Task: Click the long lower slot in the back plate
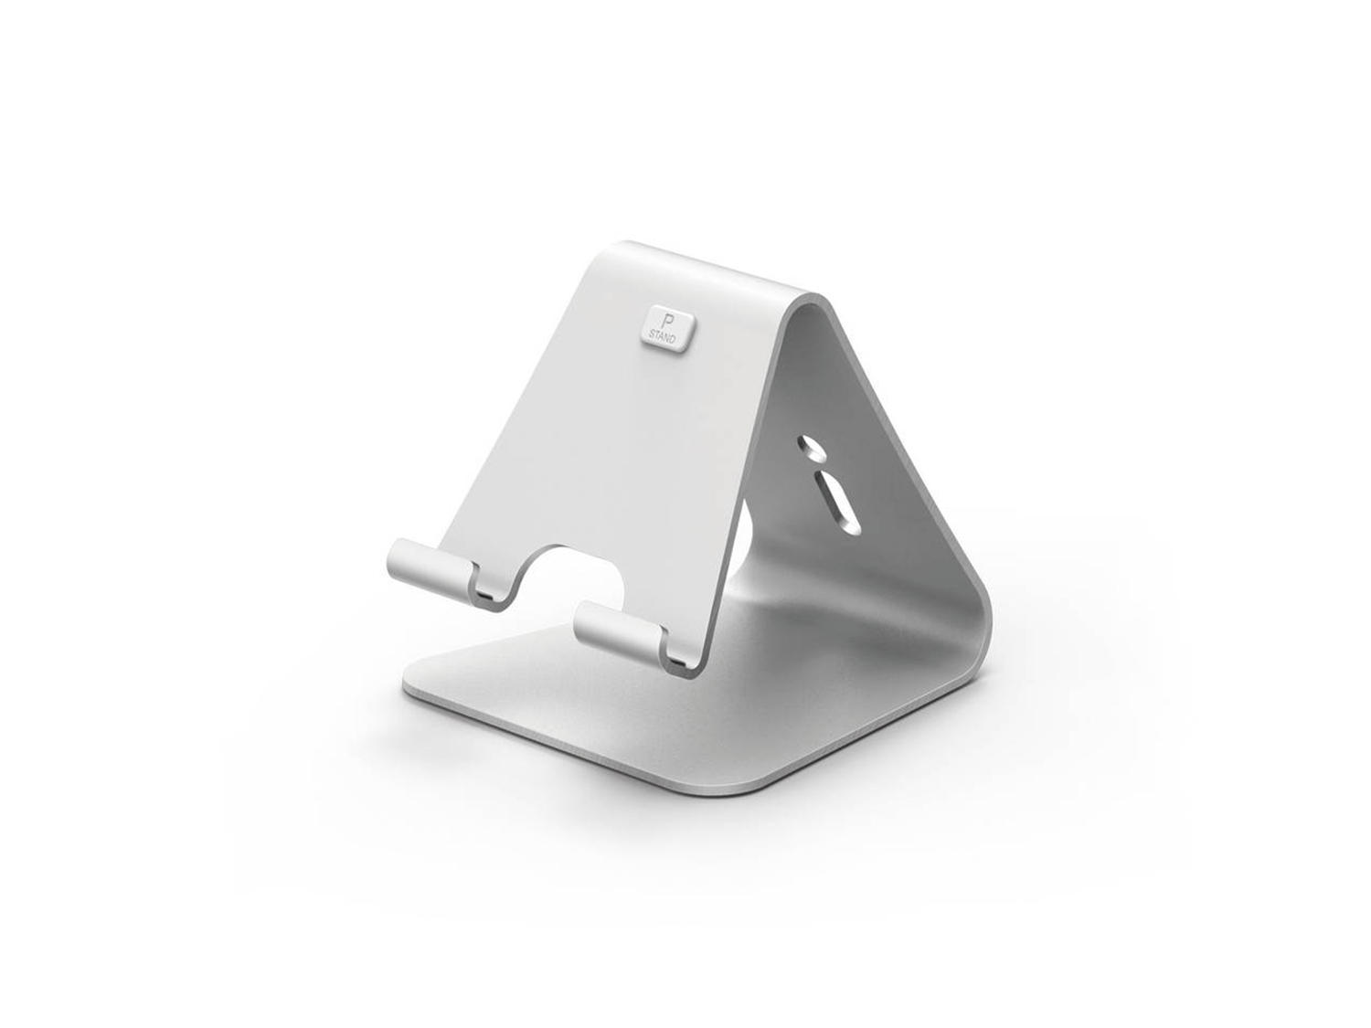tap(835, 502)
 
